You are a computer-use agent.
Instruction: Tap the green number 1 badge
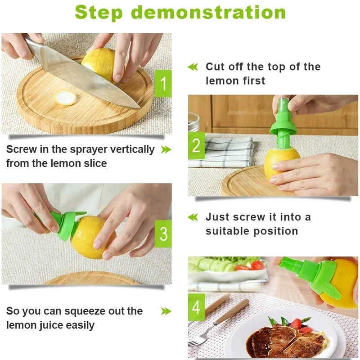[x=163, y=83]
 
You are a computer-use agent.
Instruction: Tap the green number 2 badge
[x=196, y=146]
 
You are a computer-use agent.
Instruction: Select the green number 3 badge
[x=163, y=234]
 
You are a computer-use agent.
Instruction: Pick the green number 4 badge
[x=196, y=307]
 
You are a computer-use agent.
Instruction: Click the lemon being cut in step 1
[x=100, y=63]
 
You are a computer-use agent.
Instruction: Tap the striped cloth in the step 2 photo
[x=225, y=151]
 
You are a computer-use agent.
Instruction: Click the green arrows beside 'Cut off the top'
[x=193, y=67]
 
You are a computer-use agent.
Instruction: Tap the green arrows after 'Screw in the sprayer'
[x=166, y=149]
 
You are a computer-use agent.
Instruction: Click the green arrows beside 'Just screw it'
[x=193, y=217]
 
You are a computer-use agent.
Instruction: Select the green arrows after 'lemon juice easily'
[x=166, y=311]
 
